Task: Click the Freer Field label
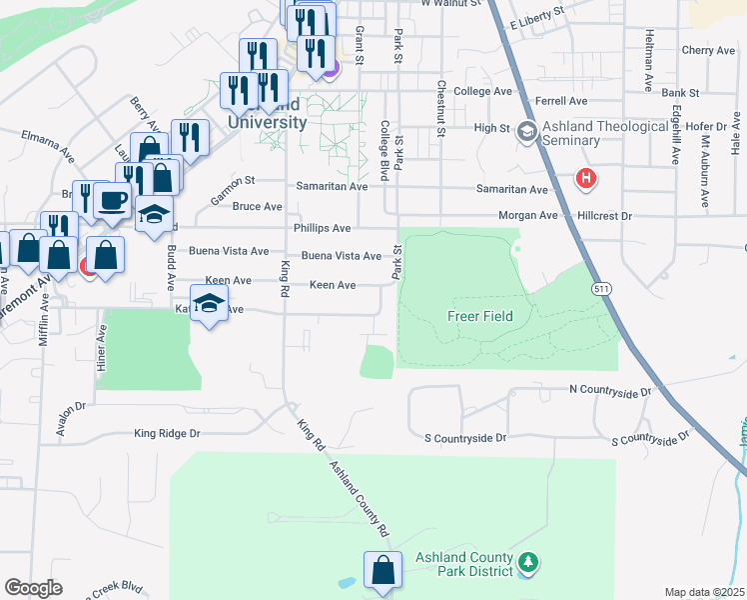(479, 316)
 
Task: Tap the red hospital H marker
(586, 178)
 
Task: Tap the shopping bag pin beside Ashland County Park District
(382, 571)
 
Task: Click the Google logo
(33, 587)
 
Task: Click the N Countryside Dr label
(609, 389)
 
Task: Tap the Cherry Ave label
(707, 50)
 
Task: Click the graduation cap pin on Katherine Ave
(209, 304)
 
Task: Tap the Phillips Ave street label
(322, 228)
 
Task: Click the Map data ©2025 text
(704, 592)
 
